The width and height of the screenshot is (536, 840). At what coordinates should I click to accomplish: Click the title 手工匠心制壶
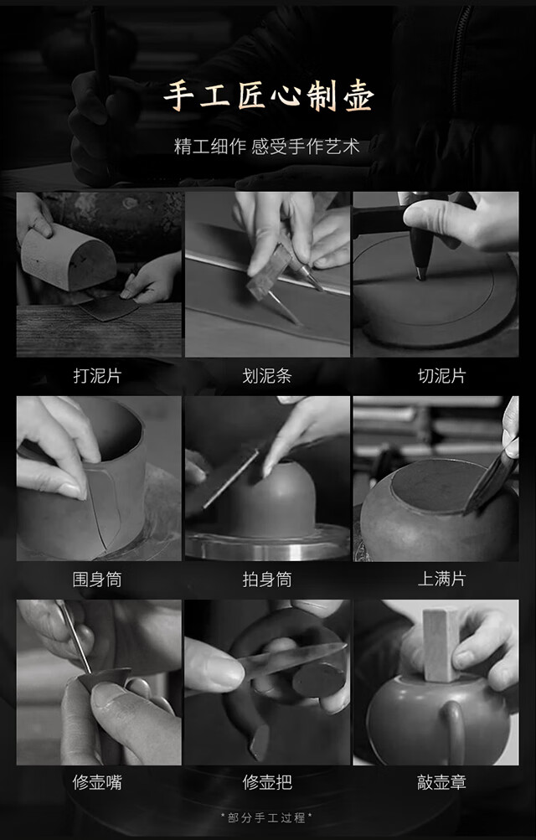268,96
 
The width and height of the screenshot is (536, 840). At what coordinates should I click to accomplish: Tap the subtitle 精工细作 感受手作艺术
266,147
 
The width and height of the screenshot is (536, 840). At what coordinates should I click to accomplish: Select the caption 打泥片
97,375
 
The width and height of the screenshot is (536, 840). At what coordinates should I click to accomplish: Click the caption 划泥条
266,375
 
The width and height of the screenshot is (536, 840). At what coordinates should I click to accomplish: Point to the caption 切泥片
441,375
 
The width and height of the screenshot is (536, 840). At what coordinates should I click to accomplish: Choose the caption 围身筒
97,579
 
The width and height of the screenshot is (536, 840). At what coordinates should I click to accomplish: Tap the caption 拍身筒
266,579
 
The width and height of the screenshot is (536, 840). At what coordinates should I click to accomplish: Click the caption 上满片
441,579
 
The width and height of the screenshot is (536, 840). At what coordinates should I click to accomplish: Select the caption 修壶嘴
97,782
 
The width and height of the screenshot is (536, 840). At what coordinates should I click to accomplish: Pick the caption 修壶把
266,782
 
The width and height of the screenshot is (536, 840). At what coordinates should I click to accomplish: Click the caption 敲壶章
441,782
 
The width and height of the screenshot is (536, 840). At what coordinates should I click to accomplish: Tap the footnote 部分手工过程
266,817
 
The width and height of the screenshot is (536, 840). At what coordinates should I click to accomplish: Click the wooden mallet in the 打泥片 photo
68,256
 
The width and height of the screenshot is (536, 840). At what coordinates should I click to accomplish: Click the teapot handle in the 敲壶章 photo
454,729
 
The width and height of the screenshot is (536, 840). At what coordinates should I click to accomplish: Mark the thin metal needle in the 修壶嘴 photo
75,636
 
